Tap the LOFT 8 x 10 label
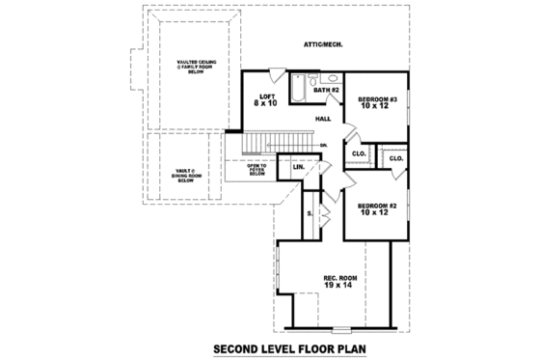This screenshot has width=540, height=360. (266, 100)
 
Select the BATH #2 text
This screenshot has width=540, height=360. (326, 90)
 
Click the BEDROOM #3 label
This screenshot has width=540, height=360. (377, 103)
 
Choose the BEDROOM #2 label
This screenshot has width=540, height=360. (377, 209)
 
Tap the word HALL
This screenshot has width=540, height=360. (323, 119)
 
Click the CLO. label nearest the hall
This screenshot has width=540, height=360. (357, 153)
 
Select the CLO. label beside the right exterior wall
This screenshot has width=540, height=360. (395, 156)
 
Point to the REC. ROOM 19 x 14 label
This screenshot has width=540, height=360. (337, 283)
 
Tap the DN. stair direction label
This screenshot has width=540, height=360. (324, 146)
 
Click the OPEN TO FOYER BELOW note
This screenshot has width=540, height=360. (257, 170)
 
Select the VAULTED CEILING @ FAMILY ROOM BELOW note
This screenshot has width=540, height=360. (196, 67)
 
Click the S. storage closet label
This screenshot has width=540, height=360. (310, 213)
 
